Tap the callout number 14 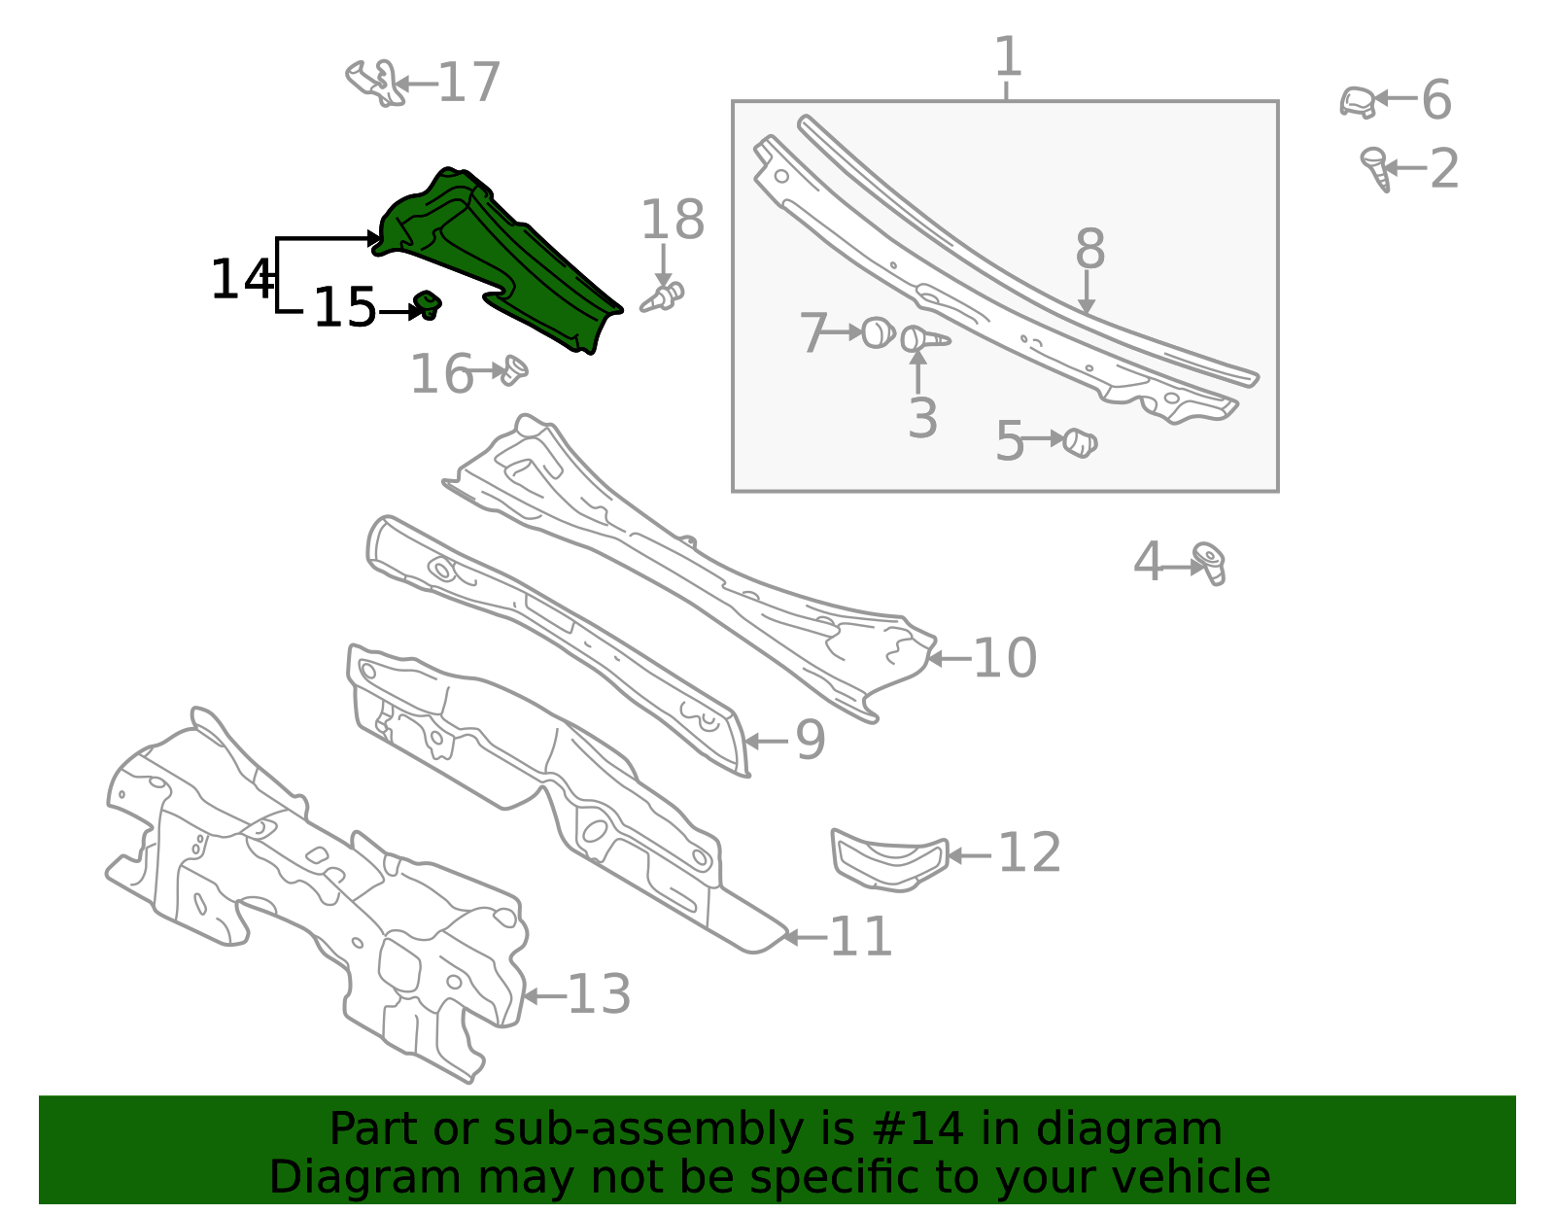pos(240,280)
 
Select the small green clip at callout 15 pos(427,304)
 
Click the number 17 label pos(469,83)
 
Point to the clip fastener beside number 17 pos(374,83)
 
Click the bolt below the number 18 pos(664,296)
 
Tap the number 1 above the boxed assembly pos(1008,57)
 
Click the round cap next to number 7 pos(878,332)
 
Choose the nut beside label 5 pos(1079,442)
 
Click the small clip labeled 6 pos(1358,101)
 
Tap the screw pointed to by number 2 pos(1375,168)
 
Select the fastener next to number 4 pos(1210,563)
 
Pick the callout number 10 pos(1005,658)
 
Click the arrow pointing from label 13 pos(542,996)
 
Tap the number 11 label pos(861,937)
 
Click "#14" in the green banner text pos(918,1129)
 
